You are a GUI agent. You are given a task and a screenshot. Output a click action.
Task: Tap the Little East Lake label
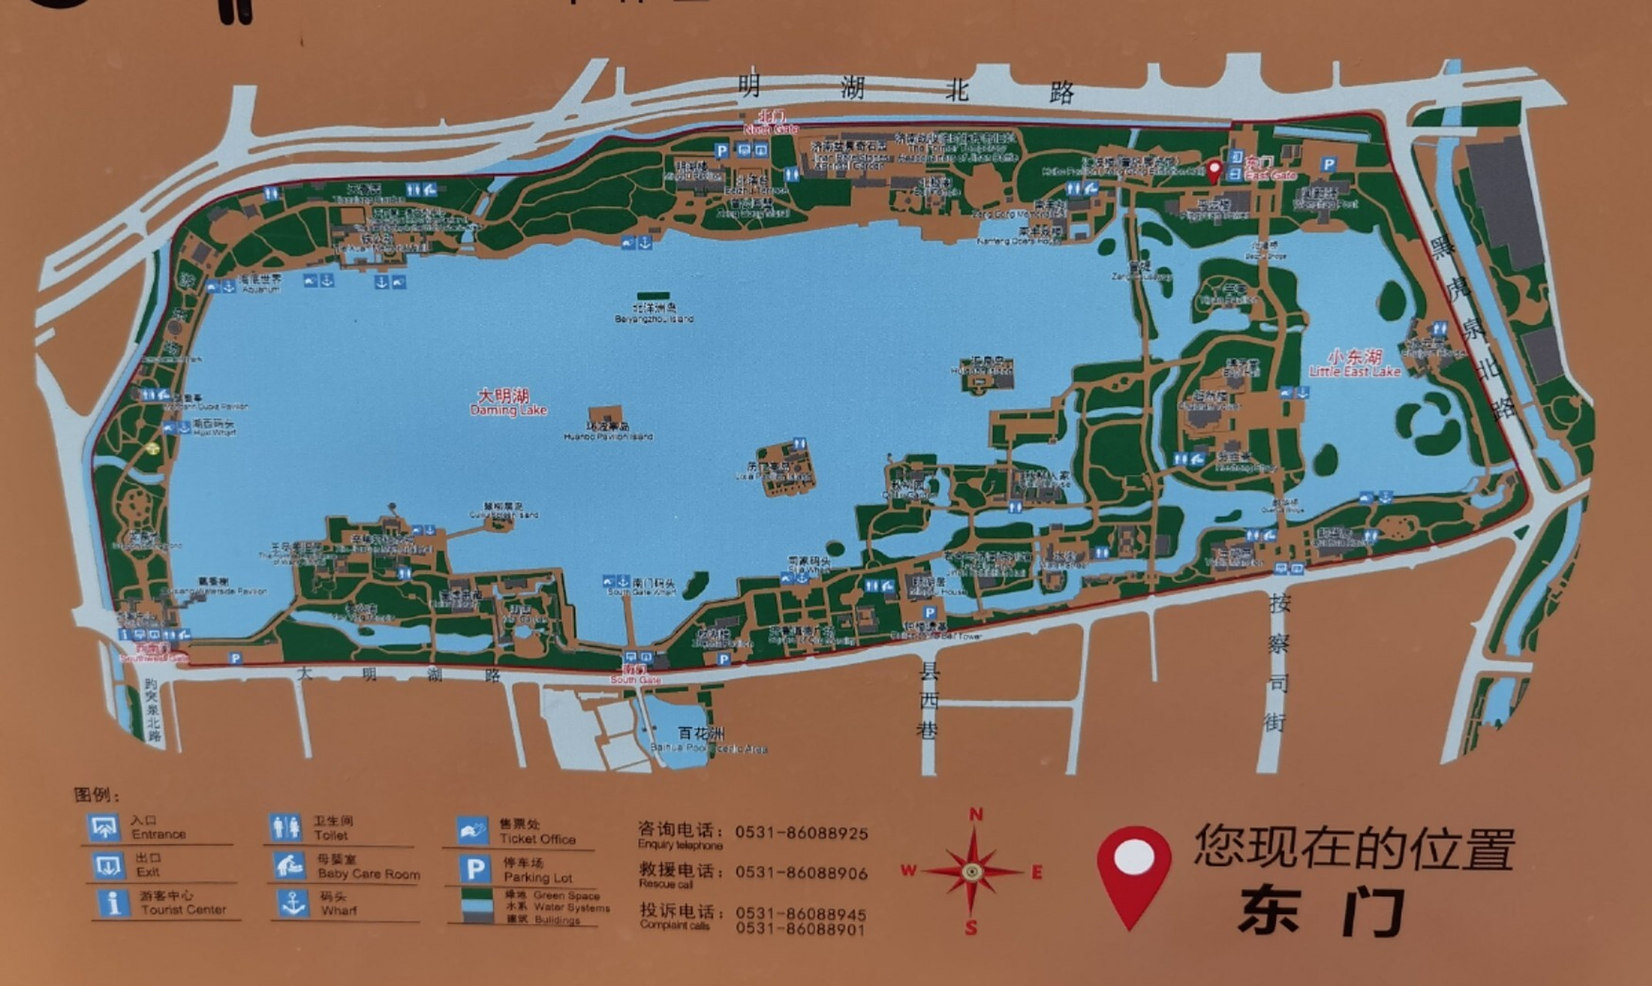click(x=1354, y=364)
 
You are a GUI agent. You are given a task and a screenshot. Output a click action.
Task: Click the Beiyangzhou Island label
click(x=653, y=313)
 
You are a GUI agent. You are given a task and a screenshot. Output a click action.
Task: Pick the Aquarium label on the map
click(x=260, y=283)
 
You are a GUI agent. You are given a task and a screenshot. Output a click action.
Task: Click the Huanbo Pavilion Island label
click(x=608, y=431)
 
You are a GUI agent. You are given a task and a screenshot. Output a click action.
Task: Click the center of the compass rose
click(x=972, y=872)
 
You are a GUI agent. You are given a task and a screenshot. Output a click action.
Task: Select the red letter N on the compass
click(x=975, y=814)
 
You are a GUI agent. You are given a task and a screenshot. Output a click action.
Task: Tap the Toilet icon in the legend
click(x=286, y=828)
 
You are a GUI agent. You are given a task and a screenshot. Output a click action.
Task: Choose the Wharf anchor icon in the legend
click(x=293, y=903)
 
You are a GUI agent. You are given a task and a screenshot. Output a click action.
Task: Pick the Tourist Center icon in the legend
click(x=113, y=902)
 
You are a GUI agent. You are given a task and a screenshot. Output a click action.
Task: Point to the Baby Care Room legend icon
click(x=289, y=866)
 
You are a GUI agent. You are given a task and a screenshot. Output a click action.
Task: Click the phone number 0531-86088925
click(x=801, y=833)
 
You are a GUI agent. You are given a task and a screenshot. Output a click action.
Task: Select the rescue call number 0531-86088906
click(x=801, y=874)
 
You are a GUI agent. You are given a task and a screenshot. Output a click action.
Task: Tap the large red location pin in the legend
click(x=1133, y=874)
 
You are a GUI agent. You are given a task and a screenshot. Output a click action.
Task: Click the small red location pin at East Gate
click(x=1214, y=170)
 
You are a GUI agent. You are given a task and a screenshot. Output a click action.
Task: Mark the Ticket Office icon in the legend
click(x=472, y=830)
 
